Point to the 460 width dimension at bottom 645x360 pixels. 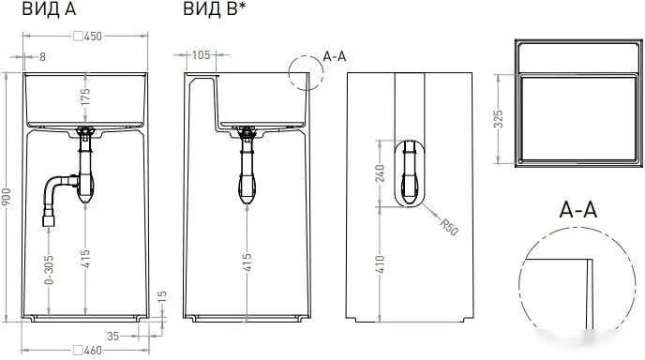92,350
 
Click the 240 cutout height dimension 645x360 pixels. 380,176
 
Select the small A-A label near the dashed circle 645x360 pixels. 335,56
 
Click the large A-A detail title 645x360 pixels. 577,209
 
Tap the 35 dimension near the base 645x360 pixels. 112,334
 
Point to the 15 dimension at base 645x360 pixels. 162,297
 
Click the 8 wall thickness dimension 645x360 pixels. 42,56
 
